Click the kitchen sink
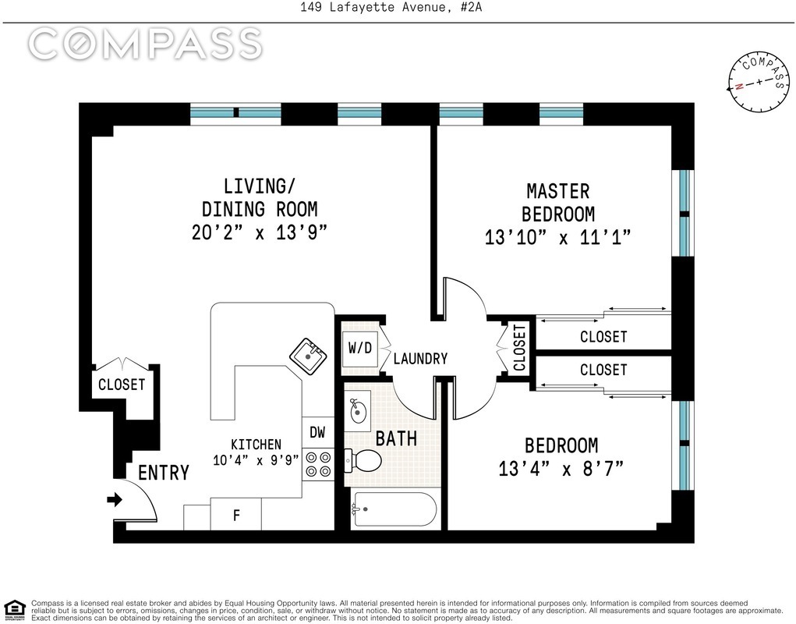point(308,356)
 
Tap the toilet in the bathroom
point(363,460)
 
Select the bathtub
point(394,509)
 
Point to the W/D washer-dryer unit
point(360,349)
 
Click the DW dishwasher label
point(317,432)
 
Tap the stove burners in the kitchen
point(318,464)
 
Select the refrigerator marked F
point(236,514)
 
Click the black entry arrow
point(115,500)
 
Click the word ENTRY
point(164,473)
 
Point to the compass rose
point(759,82)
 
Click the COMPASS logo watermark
point(145,44)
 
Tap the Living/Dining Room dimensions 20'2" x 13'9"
point(260,232)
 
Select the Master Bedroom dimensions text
point(557,237)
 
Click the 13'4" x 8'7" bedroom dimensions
point(561,468)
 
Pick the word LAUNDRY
point(420,359)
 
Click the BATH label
point(397,438)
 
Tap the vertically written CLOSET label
point(518,348)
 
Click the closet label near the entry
point(122,385)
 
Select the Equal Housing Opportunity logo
point(15,610)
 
